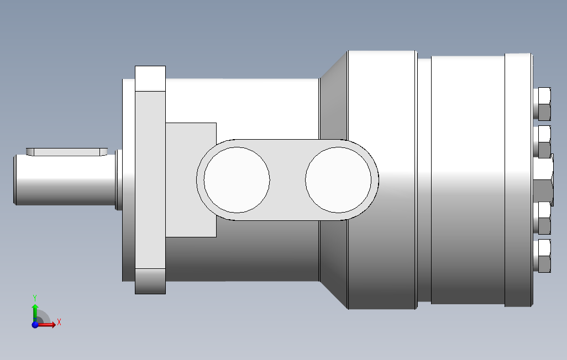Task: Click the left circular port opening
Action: [237, 179]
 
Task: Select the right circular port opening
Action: [338, 179]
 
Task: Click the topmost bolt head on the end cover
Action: [543, 104]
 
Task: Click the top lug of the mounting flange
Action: [150, 78]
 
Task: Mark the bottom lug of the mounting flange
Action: [150, 281]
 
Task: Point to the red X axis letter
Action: [59, 322]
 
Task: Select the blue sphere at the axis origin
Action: [35, 325]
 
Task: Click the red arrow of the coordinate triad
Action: [49, 325]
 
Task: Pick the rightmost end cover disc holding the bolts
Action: [518, 179]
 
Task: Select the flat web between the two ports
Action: [287, 179]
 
